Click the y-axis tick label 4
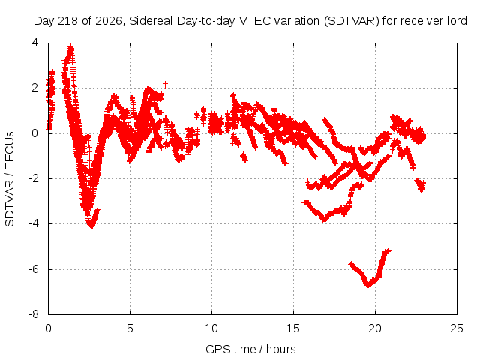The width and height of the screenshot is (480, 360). pyautogui.click(x=35, y=43)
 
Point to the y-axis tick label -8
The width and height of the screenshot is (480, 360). pyautogui.click(x=34, y=314)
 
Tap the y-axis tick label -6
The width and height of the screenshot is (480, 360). pyautogui.click(x=34, y=269)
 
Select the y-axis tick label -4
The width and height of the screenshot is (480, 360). pyautogui.click(x=34, y=223)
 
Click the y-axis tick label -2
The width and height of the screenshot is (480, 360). pyautogui.click(x=34, y=178)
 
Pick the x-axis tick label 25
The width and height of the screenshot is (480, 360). pyautogui.click(x=457, y=328)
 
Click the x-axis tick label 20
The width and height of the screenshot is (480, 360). pyautogui.click(x=375, y=328)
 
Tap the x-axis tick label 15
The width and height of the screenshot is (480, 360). pyautogui.click(x=293, y=328)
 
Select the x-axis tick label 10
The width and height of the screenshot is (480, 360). pyautogui.click(x=211, y=328)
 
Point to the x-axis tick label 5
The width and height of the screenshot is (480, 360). pyautogui.click(x=130, y=328)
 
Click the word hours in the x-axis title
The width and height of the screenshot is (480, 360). pyautogui.click(x=281, y=349)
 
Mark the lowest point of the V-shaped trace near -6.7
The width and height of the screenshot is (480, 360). pyautogui.click(x=368, y=286)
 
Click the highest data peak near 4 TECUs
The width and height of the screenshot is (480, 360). pyautogui.click(x=70, y=46)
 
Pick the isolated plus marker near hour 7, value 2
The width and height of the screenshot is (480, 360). pyautogui.click(x=165, y=85)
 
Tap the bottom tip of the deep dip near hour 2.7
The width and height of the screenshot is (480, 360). pyautogui.click(x=91, y=226)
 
